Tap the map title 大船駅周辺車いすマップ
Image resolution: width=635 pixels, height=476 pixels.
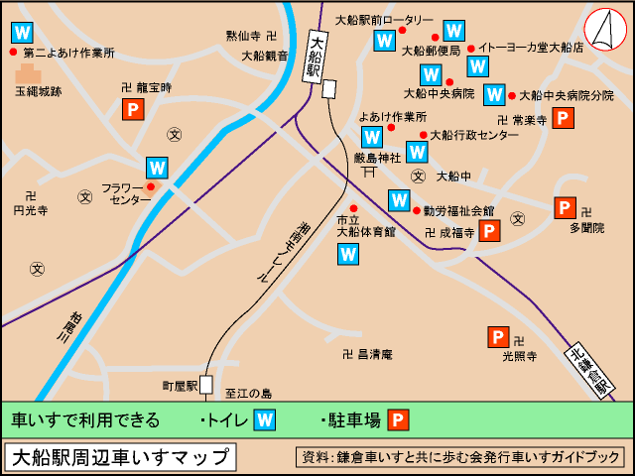121,457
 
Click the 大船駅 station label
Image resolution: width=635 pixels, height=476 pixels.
315,57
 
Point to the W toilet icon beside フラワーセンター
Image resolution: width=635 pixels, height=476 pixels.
157,168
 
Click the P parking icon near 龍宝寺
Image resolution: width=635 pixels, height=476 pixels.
131,110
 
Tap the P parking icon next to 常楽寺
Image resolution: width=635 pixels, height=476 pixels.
564,120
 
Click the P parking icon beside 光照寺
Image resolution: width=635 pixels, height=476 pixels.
498,337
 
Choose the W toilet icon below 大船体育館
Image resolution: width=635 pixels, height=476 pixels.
348,254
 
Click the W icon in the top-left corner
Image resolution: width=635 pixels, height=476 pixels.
21,32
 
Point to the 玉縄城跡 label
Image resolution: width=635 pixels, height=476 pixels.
38,91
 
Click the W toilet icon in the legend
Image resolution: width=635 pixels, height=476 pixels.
265,419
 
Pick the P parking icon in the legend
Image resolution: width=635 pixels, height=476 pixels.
398,419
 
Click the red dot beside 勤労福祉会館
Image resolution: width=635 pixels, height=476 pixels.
417,210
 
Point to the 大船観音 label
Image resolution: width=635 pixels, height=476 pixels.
265,56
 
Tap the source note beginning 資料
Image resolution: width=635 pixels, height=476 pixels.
459,457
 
